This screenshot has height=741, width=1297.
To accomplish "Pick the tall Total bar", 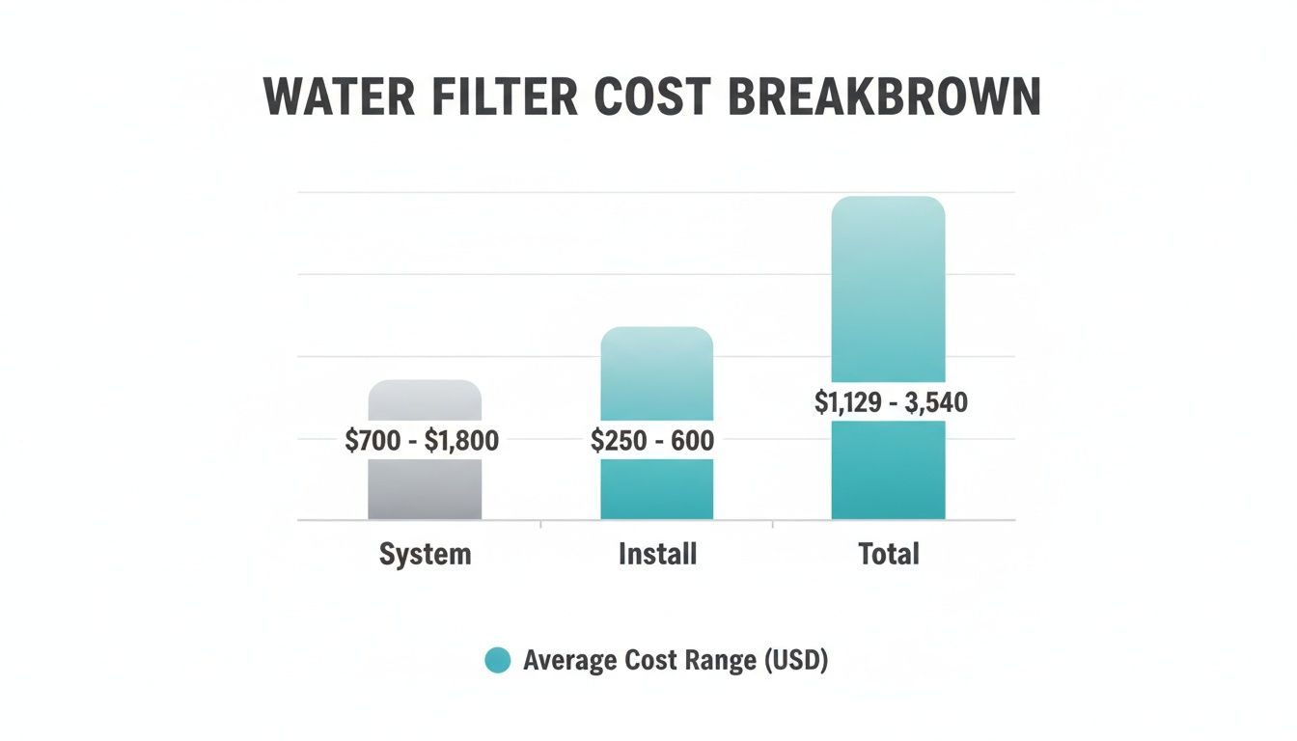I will point(888,289).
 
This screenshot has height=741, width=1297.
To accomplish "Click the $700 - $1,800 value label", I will point(423,442).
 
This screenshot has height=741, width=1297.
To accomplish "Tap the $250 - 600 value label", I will point(652,442).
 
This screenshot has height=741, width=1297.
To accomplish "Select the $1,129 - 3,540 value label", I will point(891,402).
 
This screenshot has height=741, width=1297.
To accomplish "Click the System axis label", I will point(425,555).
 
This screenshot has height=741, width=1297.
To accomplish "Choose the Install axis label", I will point(657,555).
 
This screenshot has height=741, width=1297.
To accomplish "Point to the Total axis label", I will point(889,555).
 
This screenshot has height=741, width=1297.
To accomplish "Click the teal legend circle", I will point(497,661).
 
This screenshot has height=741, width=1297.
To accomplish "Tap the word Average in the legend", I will point(568,661).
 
